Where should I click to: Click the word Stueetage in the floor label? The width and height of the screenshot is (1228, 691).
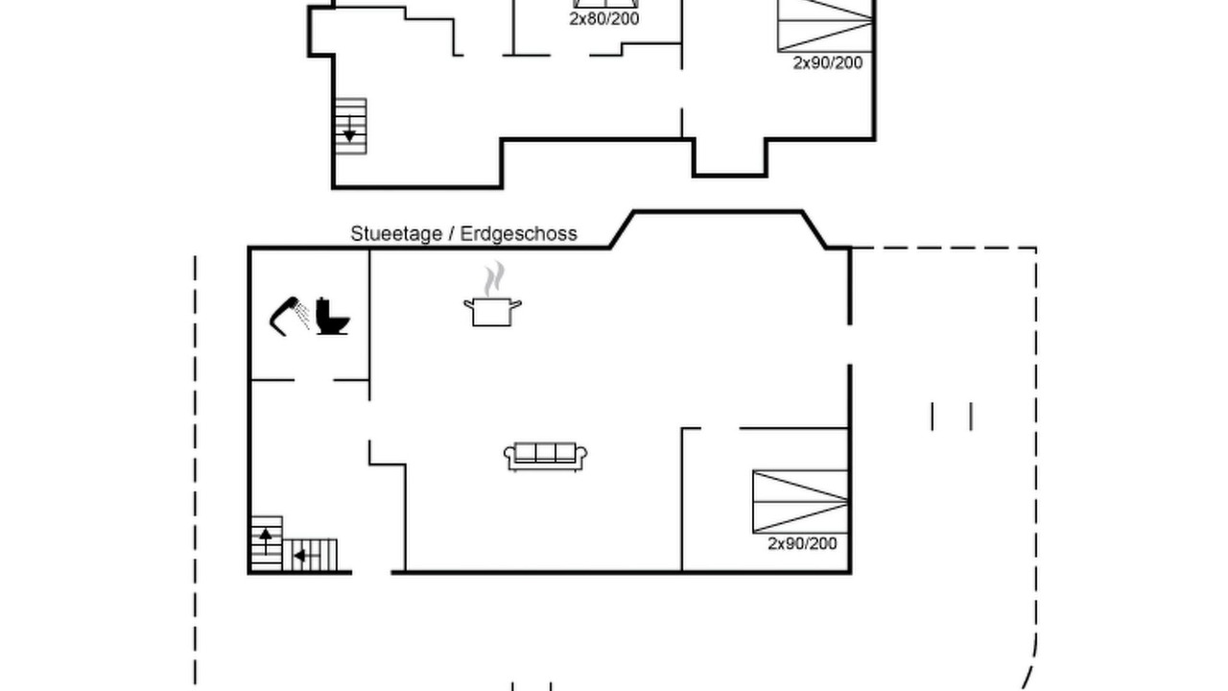[x=396, y=234]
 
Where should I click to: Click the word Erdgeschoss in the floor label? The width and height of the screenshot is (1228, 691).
[x=519, y=234]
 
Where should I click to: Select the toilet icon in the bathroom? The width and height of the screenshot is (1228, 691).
[x=333, y=316]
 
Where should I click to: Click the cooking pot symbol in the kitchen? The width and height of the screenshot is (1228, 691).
[x=492, y=312]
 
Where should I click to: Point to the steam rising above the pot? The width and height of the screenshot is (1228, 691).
[x=494, y=278]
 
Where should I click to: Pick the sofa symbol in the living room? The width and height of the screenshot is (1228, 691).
[x=546, y=457]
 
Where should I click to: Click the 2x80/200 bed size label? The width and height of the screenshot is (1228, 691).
[x=604, y=19]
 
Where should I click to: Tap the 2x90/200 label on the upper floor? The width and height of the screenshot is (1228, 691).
[x=828, y=63]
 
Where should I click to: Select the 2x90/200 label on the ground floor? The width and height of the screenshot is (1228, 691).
[x=803, y=543]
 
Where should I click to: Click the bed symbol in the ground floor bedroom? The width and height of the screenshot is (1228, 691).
[x=800, y=502]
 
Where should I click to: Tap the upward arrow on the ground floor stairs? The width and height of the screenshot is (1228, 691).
[x=266, y=541]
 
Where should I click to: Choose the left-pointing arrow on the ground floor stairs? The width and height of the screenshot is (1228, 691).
[x=307, y=556]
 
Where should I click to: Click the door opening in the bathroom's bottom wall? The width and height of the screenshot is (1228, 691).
[x=314, y=379]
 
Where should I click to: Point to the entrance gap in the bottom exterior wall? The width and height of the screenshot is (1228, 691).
[x=371, y=573]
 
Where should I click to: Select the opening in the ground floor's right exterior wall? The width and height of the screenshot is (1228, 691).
[x=850, y=345]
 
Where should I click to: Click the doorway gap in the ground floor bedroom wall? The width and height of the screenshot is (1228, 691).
[x=720, y=428]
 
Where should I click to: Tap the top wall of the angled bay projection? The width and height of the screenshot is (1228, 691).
[x=719, y=211]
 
